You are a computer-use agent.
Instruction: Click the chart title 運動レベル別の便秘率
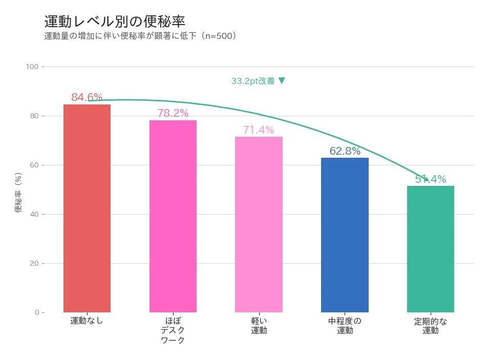[x=115, y=22]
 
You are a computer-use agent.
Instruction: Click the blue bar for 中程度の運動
[x=345, y=235]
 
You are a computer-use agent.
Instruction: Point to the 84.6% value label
[x=87, y=97]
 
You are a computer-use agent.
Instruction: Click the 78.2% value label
[x=173, y=113]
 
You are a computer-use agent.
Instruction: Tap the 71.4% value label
[x=259, y=130]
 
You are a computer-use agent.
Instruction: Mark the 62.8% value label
[x=345, y=151]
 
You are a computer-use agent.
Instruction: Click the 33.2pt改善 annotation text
[x=258, y=81]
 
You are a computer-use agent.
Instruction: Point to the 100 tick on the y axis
[x=32, y=67]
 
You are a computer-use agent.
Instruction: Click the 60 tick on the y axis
[x=34, y=165]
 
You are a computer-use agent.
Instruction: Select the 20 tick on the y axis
[x=34, y=264]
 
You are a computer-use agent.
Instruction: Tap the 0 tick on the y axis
[x=36, y=312]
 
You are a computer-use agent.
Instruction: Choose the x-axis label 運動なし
[x=87, y=321]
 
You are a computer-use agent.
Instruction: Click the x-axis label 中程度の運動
[x=345, y=326]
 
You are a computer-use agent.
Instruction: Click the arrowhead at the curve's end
[x=426, y=178]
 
